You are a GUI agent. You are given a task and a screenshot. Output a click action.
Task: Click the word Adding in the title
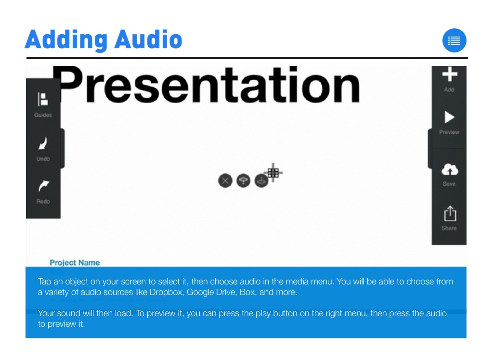[x=65, y=40]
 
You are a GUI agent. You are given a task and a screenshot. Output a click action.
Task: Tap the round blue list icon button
[x=454, y=41]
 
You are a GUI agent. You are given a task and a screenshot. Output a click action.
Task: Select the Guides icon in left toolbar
[x=43, y=100]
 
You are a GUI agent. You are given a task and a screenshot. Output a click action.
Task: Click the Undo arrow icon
[x=43, y=143]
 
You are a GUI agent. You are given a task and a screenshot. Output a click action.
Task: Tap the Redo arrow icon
[x=43, y=186]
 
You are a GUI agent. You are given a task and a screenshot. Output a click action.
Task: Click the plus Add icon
[x=449, y=75]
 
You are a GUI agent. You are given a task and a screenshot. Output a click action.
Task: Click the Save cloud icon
[x=449, y=169]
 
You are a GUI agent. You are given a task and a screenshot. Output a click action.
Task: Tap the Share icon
[x=449, y=214]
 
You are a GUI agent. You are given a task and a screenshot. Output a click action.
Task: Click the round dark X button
[x=225, y=181]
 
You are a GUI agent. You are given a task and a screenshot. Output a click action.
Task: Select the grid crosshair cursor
[x=273, y=172]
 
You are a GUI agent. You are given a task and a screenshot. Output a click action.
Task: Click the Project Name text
[x=75, y=263]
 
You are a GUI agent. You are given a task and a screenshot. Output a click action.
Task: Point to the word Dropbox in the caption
[x=166, y=293]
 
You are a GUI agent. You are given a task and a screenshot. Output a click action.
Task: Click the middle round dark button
[x=244, y=181]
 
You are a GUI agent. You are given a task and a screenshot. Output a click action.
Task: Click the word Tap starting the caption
[x=44, y=282]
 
